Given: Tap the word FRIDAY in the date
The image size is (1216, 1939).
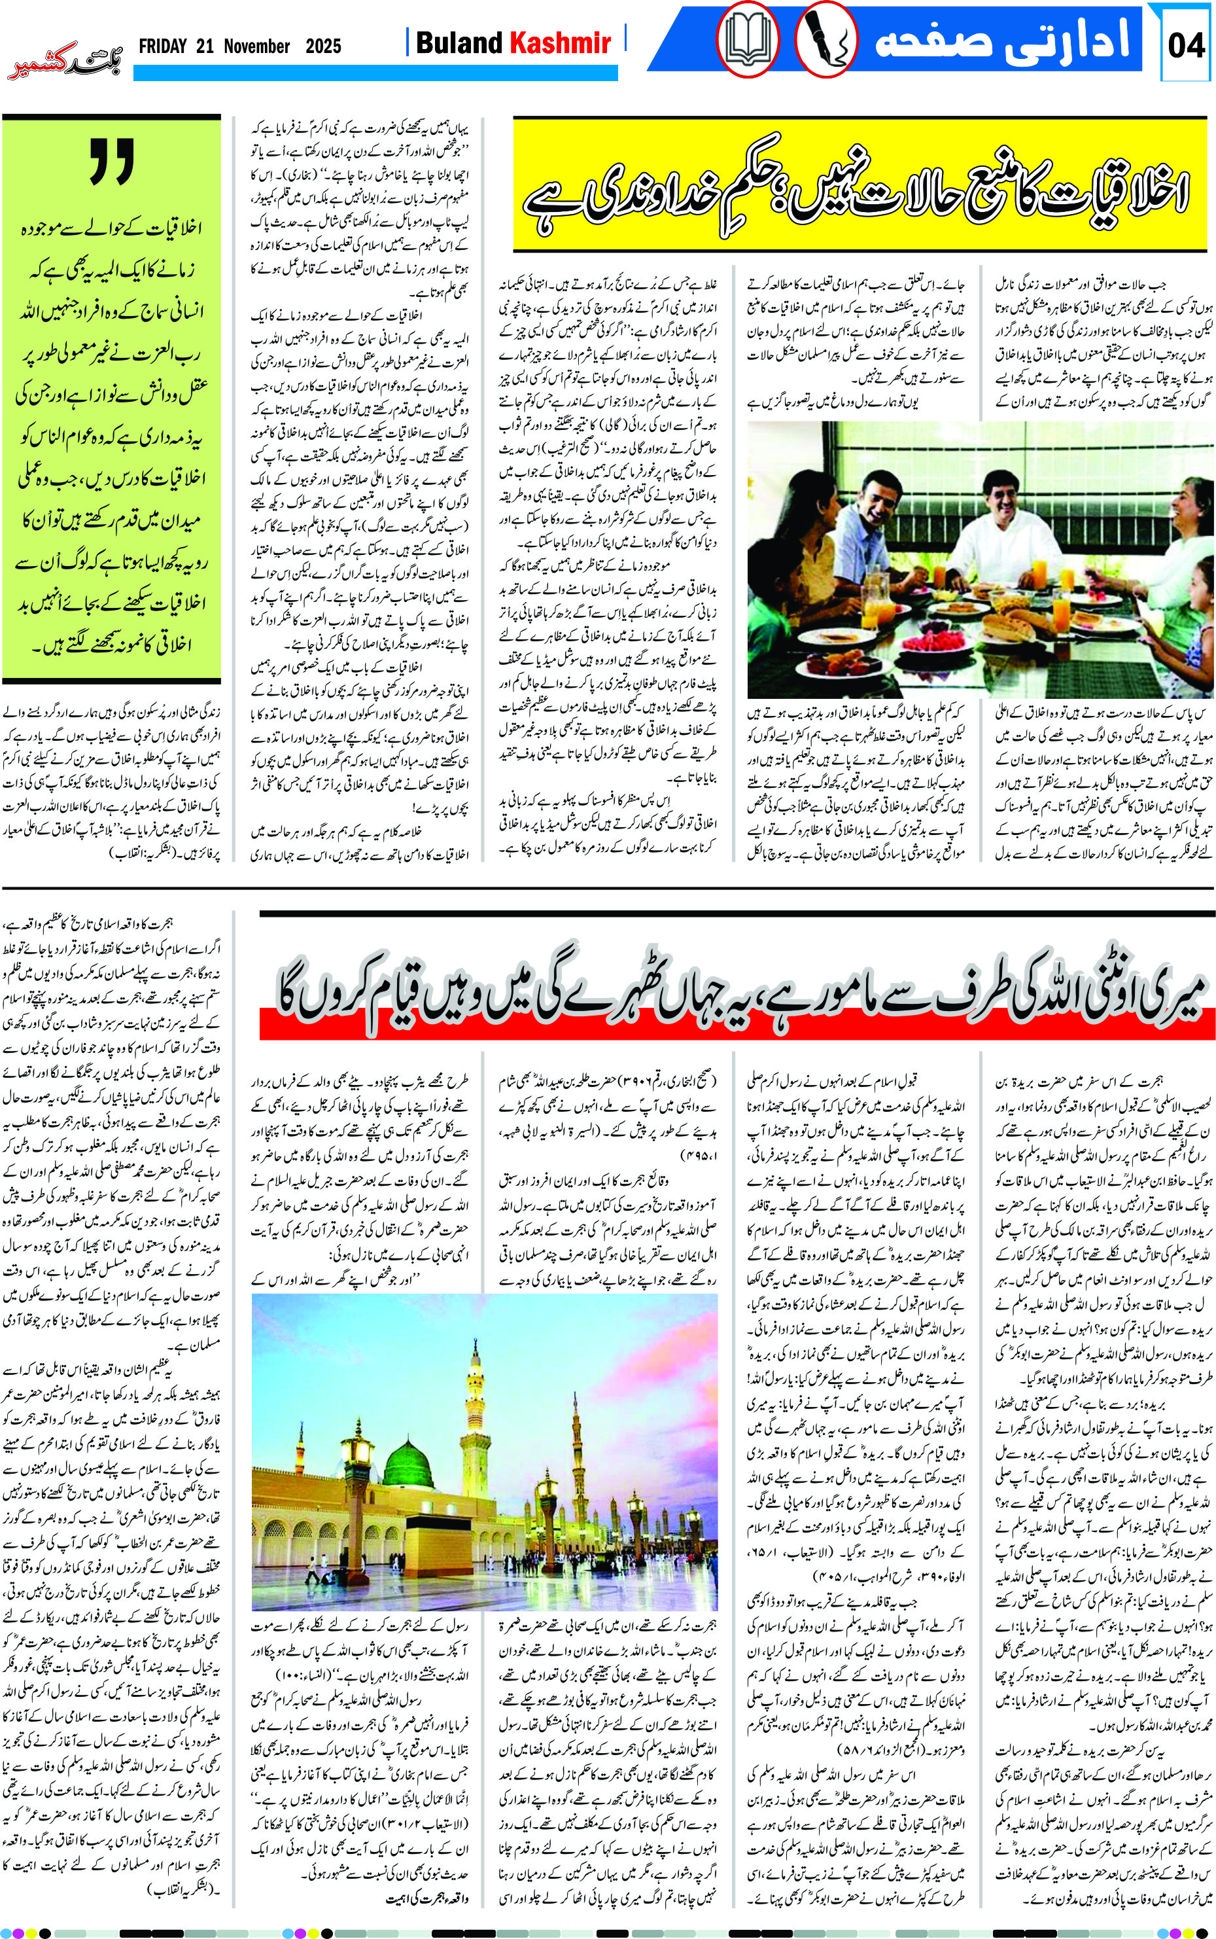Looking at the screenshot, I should coord(162,46).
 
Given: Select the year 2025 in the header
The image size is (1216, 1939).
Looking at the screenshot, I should coord(323,46).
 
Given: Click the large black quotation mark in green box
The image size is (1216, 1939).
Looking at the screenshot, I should coord(112,161).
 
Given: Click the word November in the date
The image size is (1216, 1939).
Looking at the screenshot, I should coord(256,46).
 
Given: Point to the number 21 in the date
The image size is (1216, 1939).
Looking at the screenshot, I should coord(204,46).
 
